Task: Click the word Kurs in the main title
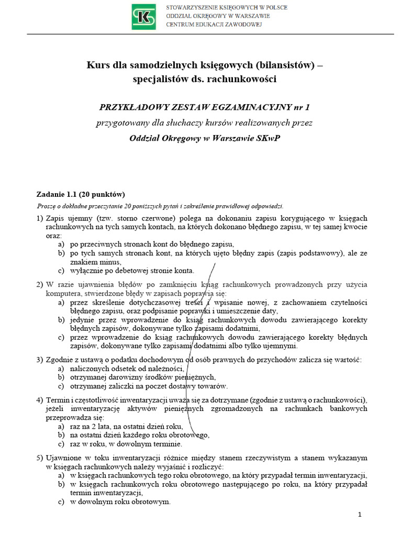coord(97,65)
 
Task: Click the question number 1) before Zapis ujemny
coord(40,217)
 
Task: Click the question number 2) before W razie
coord(40,284)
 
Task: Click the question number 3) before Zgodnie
coord(40,360)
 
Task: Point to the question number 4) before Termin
coord(40,400)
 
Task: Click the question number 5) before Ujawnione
coord(40,457)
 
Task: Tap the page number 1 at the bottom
coord(360,515)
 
